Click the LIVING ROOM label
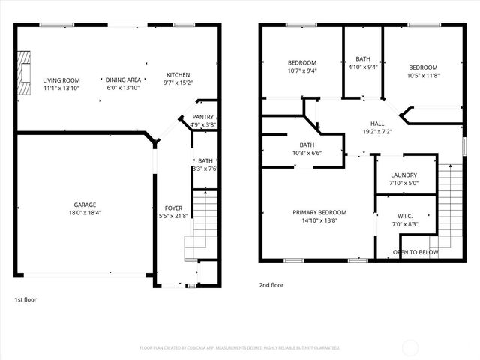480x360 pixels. (61, 80)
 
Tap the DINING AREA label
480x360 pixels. (123, 80)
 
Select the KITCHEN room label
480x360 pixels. (178, 75)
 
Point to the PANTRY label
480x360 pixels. (202, 117)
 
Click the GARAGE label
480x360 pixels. (84, 205)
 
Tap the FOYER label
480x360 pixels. (173, 208)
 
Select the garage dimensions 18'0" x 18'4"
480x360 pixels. (84, 214)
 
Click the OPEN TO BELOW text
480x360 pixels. (415, 252)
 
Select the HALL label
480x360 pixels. (377, 123)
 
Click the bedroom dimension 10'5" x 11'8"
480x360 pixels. (423, 75)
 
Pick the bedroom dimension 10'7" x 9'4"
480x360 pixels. (302, 72)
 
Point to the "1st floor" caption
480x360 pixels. (25, 299)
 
